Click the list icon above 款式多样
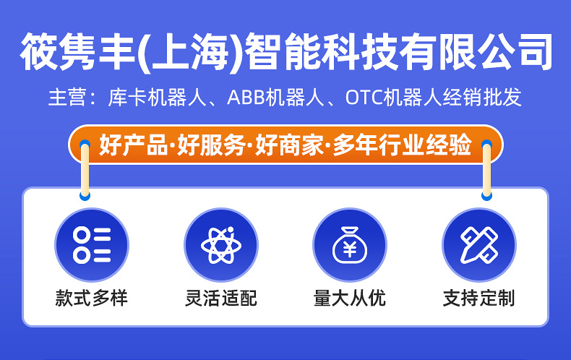tap(92, 244)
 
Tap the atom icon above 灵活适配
tap(221, 244)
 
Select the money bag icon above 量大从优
tap(350, 244)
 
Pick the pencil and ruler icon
tap(478, 244)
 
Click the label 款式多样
tap(92, 298)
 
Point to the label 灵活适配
tap(221, 298)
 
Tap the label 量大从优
tap(350, 298)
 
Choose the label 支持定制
tap(478, 298)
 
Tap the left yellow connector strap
tap(85, 170)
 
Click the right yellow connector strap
tap(486, 170)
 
